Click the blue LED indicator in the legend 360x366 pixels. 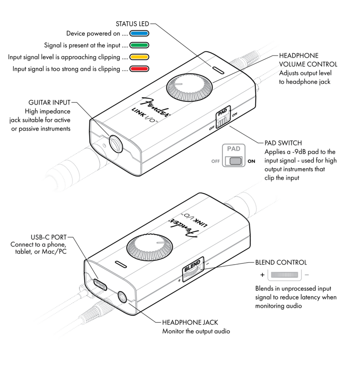tap(140, 34)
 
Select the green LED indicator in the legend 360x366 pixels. tap(140, 45)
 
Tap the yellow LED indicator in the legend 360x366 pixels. tap(140, 57)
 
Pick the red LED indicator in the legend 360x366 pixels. tap(140, 69)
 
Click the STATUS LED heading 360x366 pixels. tap(133, 24)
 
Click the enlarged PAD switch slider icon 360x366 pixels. tap(236, 161)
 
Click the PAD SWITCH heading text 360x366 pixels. tap(283, 143)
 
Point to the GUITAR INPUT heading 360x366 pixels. tap(50, 102)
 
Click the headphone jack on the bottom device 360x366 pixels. tap(122, 298)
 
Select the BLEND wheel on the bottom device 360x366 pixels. tap(190, 272)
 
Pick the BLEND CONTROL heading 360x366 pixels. tap(281, 263)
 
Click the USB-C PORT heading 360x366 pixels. tap(48, 237)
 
